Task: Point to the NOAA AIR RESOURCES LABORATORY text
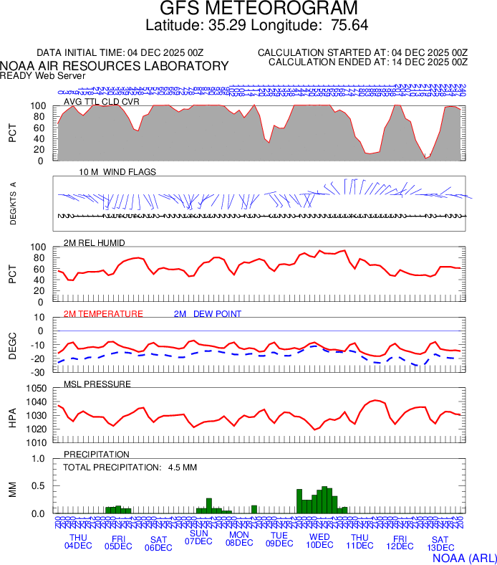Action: click(x=115, y=66)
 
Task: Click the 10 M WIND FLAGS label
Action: click(x=117, y=172)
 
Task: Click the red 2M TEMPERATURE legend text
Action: click(x=103, y=313)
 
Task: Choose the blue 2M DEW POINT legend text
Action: click(x=208, y=313)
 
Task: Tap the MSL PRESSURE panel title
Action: click(x=97, y=384)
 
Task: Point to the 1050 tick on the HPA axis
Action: click(x=37, y=388)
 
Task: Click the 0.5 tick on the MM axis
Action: click(x=40, y=486)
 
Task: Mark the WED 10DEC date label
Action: click(x=319, y=541)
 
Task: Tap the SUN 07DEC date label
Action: click(x=198, y=537)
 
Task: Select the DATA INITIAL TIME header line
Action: click(x=120, y=52)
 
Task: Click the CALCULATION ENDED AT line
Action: click(x=367, y=62)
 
